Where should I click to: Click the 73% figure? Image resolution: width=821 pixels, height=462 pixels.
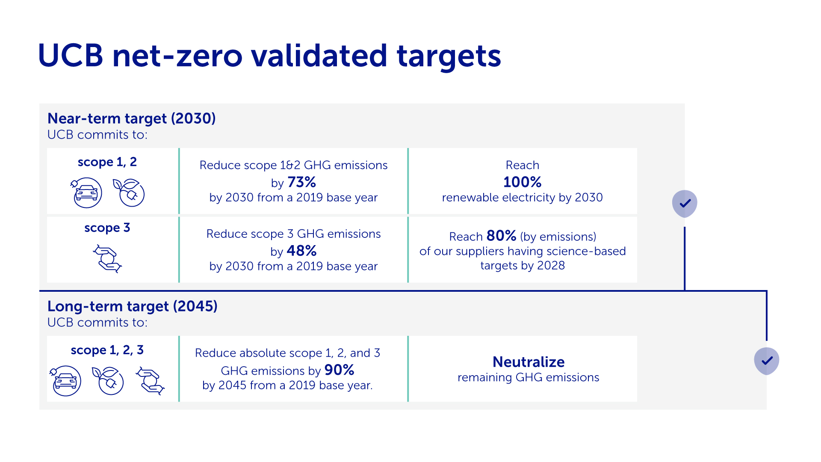click(302, 182)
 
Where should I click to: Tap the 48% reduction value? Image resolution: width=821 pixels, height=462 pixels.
click(302, 251)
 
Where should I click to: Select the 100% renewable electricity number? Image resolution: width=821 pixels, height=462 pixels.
click(522, 182)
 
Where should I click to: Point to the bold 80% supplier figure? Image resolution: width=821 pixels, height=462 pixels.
click(501, 236)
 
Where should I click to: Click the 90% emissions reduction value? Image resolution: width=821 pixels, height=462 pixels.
click(339, 370)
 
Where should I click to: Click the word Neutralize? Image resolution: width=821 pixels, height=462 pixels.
click(529, 362)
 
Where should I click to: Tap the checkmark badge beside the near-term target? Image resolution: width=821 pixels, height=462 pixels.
click(685, 204)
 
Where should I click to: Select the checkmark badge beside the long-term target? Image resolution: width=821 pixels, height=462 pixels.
click(766, 361)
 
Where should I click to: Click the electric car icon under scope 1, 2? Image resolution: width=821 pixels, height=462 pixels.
click(86, 192)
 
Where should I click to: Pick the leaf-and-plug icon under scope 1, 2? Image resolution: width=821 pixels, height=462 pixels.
click(129, 192)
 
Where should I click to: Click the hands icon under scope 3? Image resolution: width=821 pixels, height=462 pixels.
click(107, 258)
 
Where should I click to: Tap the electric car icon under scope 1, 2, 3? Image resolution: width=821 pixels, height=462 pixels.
click(65, 380)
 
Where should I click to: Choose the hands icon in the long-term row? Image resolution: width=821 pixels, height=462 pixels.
click(150, 380)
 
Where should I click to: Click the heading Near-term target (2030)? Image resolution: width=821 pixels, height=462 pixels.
click(131, 118)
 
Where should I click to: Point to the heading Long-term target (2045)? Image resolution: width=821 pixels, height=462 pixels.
click(132, 306)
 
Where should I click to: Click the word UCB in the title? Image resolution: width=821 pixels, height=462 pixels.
click(71, 56)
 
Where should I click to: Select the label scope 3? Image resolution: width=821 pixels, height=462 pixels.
click(107, 228)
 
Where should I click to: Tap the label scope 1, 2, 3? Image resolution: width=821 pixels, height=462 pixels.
click(107, 350)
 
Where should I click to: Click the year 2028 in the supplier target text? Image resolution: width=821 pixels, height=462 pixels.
click(551, 266)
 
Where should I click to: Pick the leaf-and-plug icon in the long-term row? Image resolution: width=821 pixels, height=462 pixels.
click(108, 380)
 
